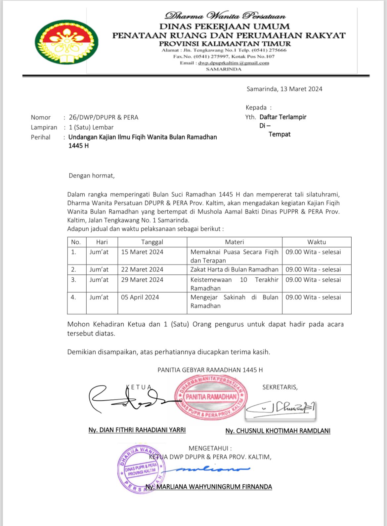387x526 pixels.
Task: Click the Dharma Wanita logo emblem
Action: coord(66,42)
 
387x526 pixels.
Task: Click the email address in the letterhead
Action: coord(234,63)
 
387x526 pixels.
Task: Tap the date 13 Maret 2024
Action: coord(301,89)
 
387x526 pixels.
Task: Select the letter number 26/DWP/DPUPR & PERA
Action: coord(104,117)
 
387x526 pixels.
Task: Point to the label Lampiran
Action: coord(44,127)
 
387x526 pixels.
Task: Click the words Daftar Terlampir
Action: coord(283,117)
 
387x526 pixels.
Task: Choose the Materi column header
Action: coord(234,242)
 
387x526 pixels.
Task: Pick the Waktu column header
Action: coord(316,242)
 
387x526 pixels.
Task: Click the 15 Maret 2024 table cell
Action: coord(142,252)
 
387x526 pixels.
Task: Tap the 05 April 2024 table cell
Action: coord(140,297)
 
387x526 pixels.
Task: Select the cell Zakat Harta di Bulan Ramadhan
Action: coord(234,269)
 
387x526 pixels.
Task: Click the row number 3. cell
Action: coord(73,280)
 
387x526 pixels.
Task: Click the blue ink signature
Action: coord(212,469)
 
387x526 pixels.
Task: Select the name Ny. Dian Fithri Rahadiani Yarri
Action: coord(137,430)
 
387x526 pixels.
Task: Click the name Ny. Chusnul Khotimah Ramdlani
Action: coord(278,431)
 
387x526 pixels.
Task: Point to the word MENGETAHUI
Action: coord(210,448)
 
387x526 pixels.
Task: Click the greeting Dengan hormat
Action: coord(92,176)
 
